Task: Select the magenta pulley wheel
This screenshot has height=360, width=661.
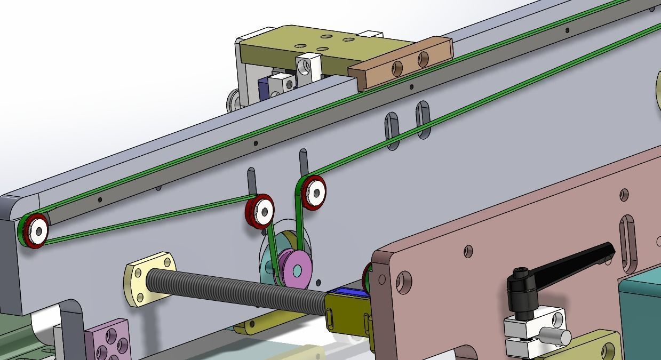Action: tap(296, 269)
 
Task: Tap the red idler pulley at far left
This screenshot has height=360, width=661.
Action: tap(33, 230)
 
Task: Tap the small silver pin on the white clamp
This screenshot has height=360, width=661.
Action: tap(555, 337)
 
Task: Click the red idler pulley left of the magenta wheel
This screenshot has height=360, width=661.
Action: tap(260, 211)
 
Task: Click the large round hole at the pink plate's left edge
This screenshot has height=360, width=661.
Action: tap(404, 282)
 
